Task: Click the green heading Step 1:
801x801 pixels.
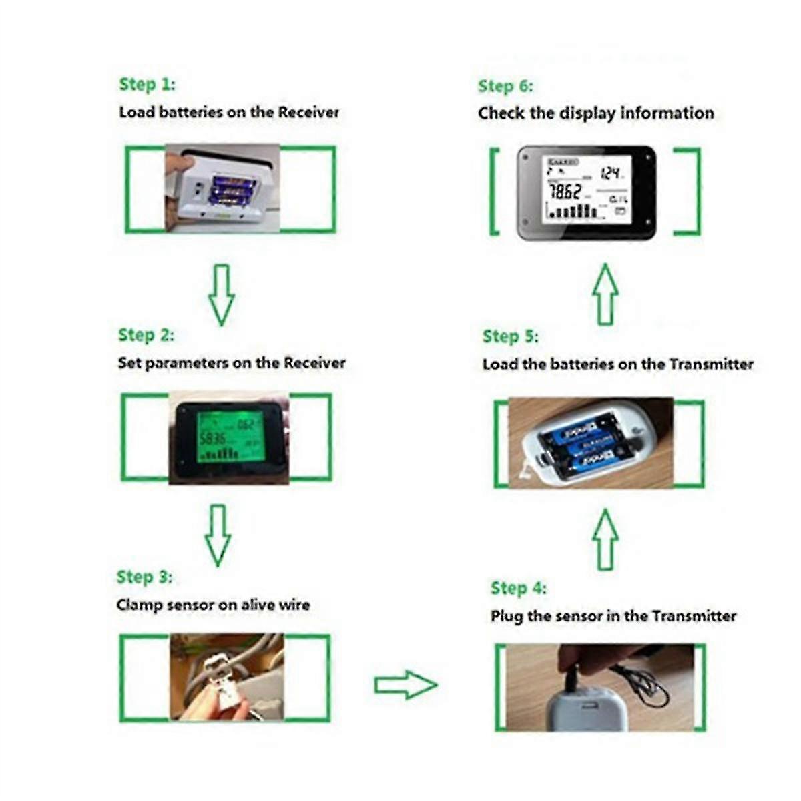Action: [x=147, y=85]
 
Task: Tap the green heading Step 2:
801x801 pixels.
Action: [x=146, y=335]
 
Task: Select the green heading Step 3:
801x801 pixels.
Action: [x=144, y=577]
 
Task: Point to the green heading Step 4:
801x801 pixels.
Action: [x=518, y=589]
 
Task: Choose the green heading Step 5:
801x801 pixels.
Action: [x=510, y=336]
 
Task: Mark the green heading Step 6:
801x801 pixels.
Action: [x=505, y=87]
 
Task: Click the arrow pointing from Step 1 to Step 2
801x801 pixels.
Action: [x=222, y=294]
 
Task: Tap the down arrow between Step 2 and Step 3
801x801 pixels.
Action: [x=218, y=535]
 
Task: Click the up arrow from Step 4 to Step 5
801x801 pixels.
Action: [x=605, y=539]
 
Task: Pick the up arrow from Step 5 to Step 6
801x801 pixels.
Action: [x=605, y=294]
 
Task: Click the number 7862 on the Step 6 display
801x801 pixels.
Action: [x=565, y=192]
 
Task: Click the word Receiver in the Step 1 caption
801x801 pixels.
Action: [x=308, y=113]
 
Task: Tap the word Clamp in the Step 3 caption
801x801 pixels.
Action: [x=139, y=605]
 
